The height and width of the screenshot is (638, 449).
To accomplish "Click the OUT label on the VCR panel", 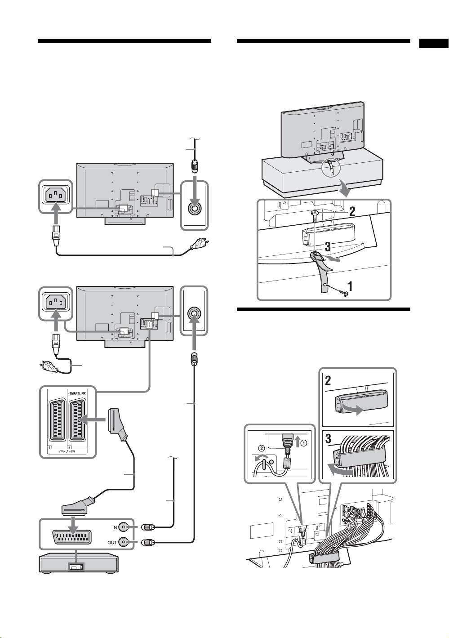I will pyautogui.click(x=112, y=542).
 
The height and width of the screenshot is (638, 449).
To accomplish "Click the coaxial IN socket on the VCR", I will pyautogui.click(x=130, y=527).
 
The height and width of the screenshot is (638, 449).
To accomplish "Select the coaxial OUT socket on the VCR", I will pyautogui.click(x=130, y=542).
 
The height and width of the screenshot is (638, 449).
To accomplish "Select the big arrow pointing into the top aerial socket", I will pyautogui.click(x=194, y=191).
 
